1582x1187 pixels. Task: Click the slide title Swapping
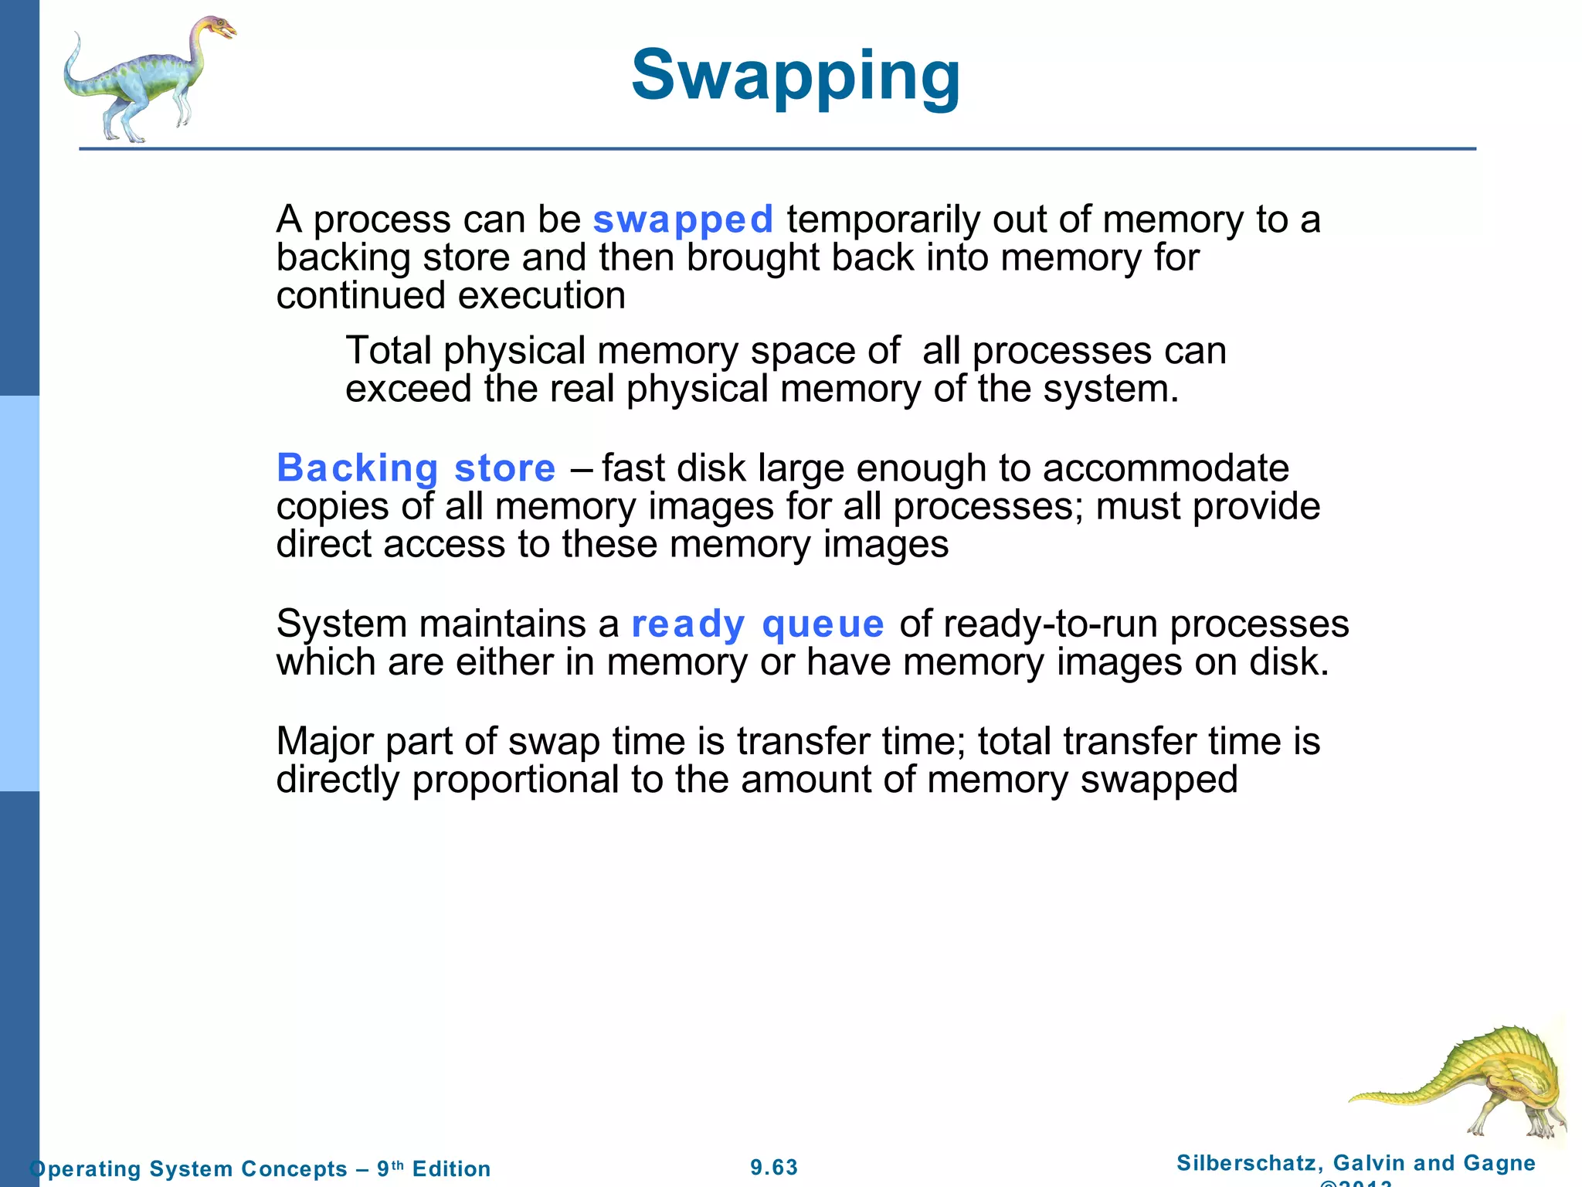pos(796,76)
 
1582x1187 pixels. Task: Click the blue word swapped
pos(683,219)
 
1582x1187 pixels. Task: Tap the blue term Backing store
pos(416,468)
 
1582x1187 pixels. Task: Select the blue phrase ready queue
pos(757,624)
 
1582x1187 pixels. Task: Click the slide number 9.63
pos(774,1167)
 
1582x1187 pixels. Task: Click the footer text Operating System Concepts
pos(188,1168)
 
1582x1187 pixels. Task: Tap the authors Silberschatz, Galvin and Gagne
pos(1356,1162)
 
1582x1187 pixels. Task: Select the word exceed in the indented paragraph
pos(409,389)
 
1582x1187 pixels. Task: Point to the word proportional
pos(515,780)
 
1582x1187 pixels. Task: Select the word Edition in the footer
pos(451,1168)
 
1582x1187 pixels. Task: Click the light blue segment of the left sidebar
pos(19,593)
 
